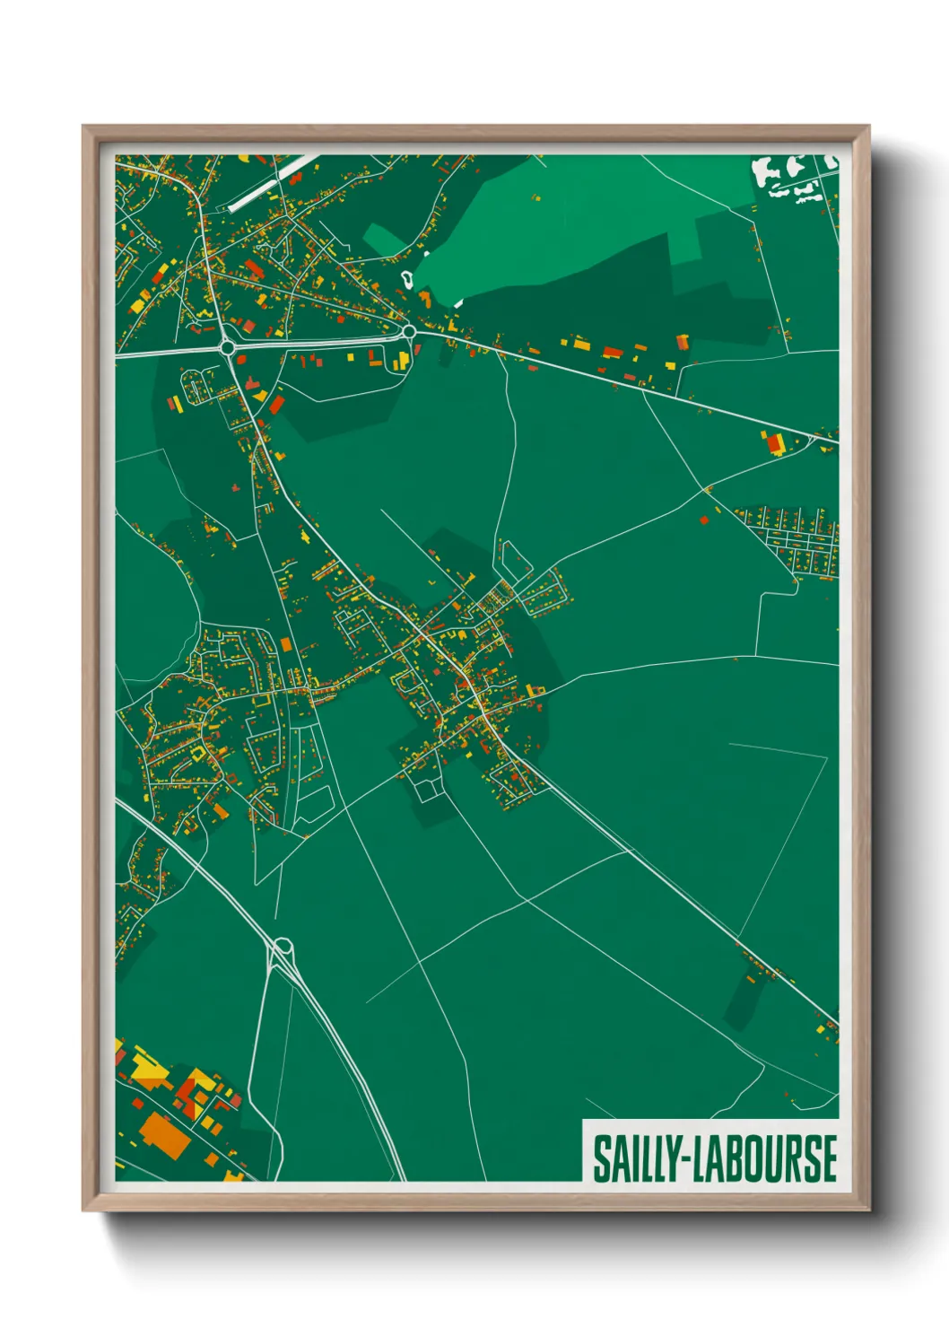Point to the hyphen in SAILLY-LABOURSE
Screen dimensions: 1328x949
pos(684,1160)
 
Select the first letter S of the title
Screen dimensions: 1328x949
pos(600,1158)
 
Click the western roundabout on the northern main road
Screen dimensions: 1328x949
pos(227,347)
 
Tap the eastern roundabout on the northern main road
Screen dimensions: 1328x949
pos(409,332)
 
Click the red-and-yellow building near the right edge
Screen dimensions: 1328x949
pos(773,443)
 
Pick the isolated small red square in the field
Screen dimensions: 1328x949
pos(704,519)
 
